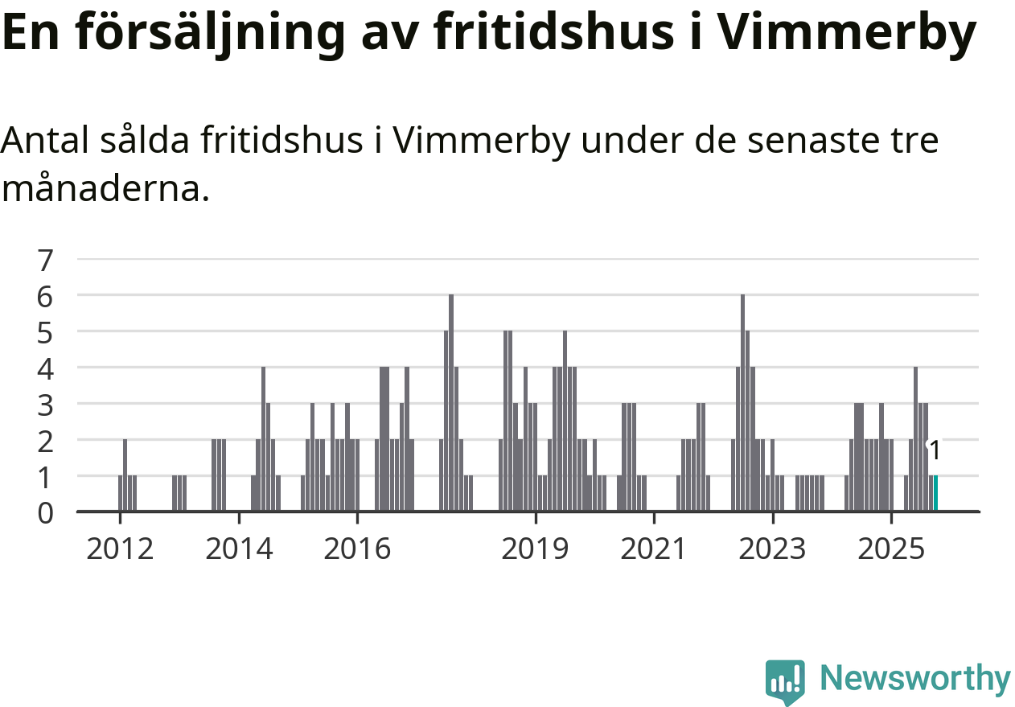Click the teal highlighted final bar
(935, 493)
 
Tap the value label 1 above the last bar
(935, 451)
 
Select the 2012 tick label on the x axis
(120, 549)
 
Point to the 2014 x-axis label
(239, 549)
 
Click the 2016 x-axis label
(357, 549)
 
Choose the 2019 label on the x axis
(535, 549)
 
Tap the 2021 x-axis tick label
(654, 549)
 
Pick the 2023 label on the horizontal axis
(772, 549)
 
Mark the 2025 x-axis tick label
(891, 549)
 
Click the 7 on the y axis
(45, 260)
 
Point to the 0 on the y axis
(45, 512)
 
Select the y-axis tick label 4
(45, 368)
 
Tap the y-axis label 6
(45, 296)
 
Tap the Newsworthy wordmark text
(914, 679)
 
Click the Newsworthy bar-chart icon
(785, 681)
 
